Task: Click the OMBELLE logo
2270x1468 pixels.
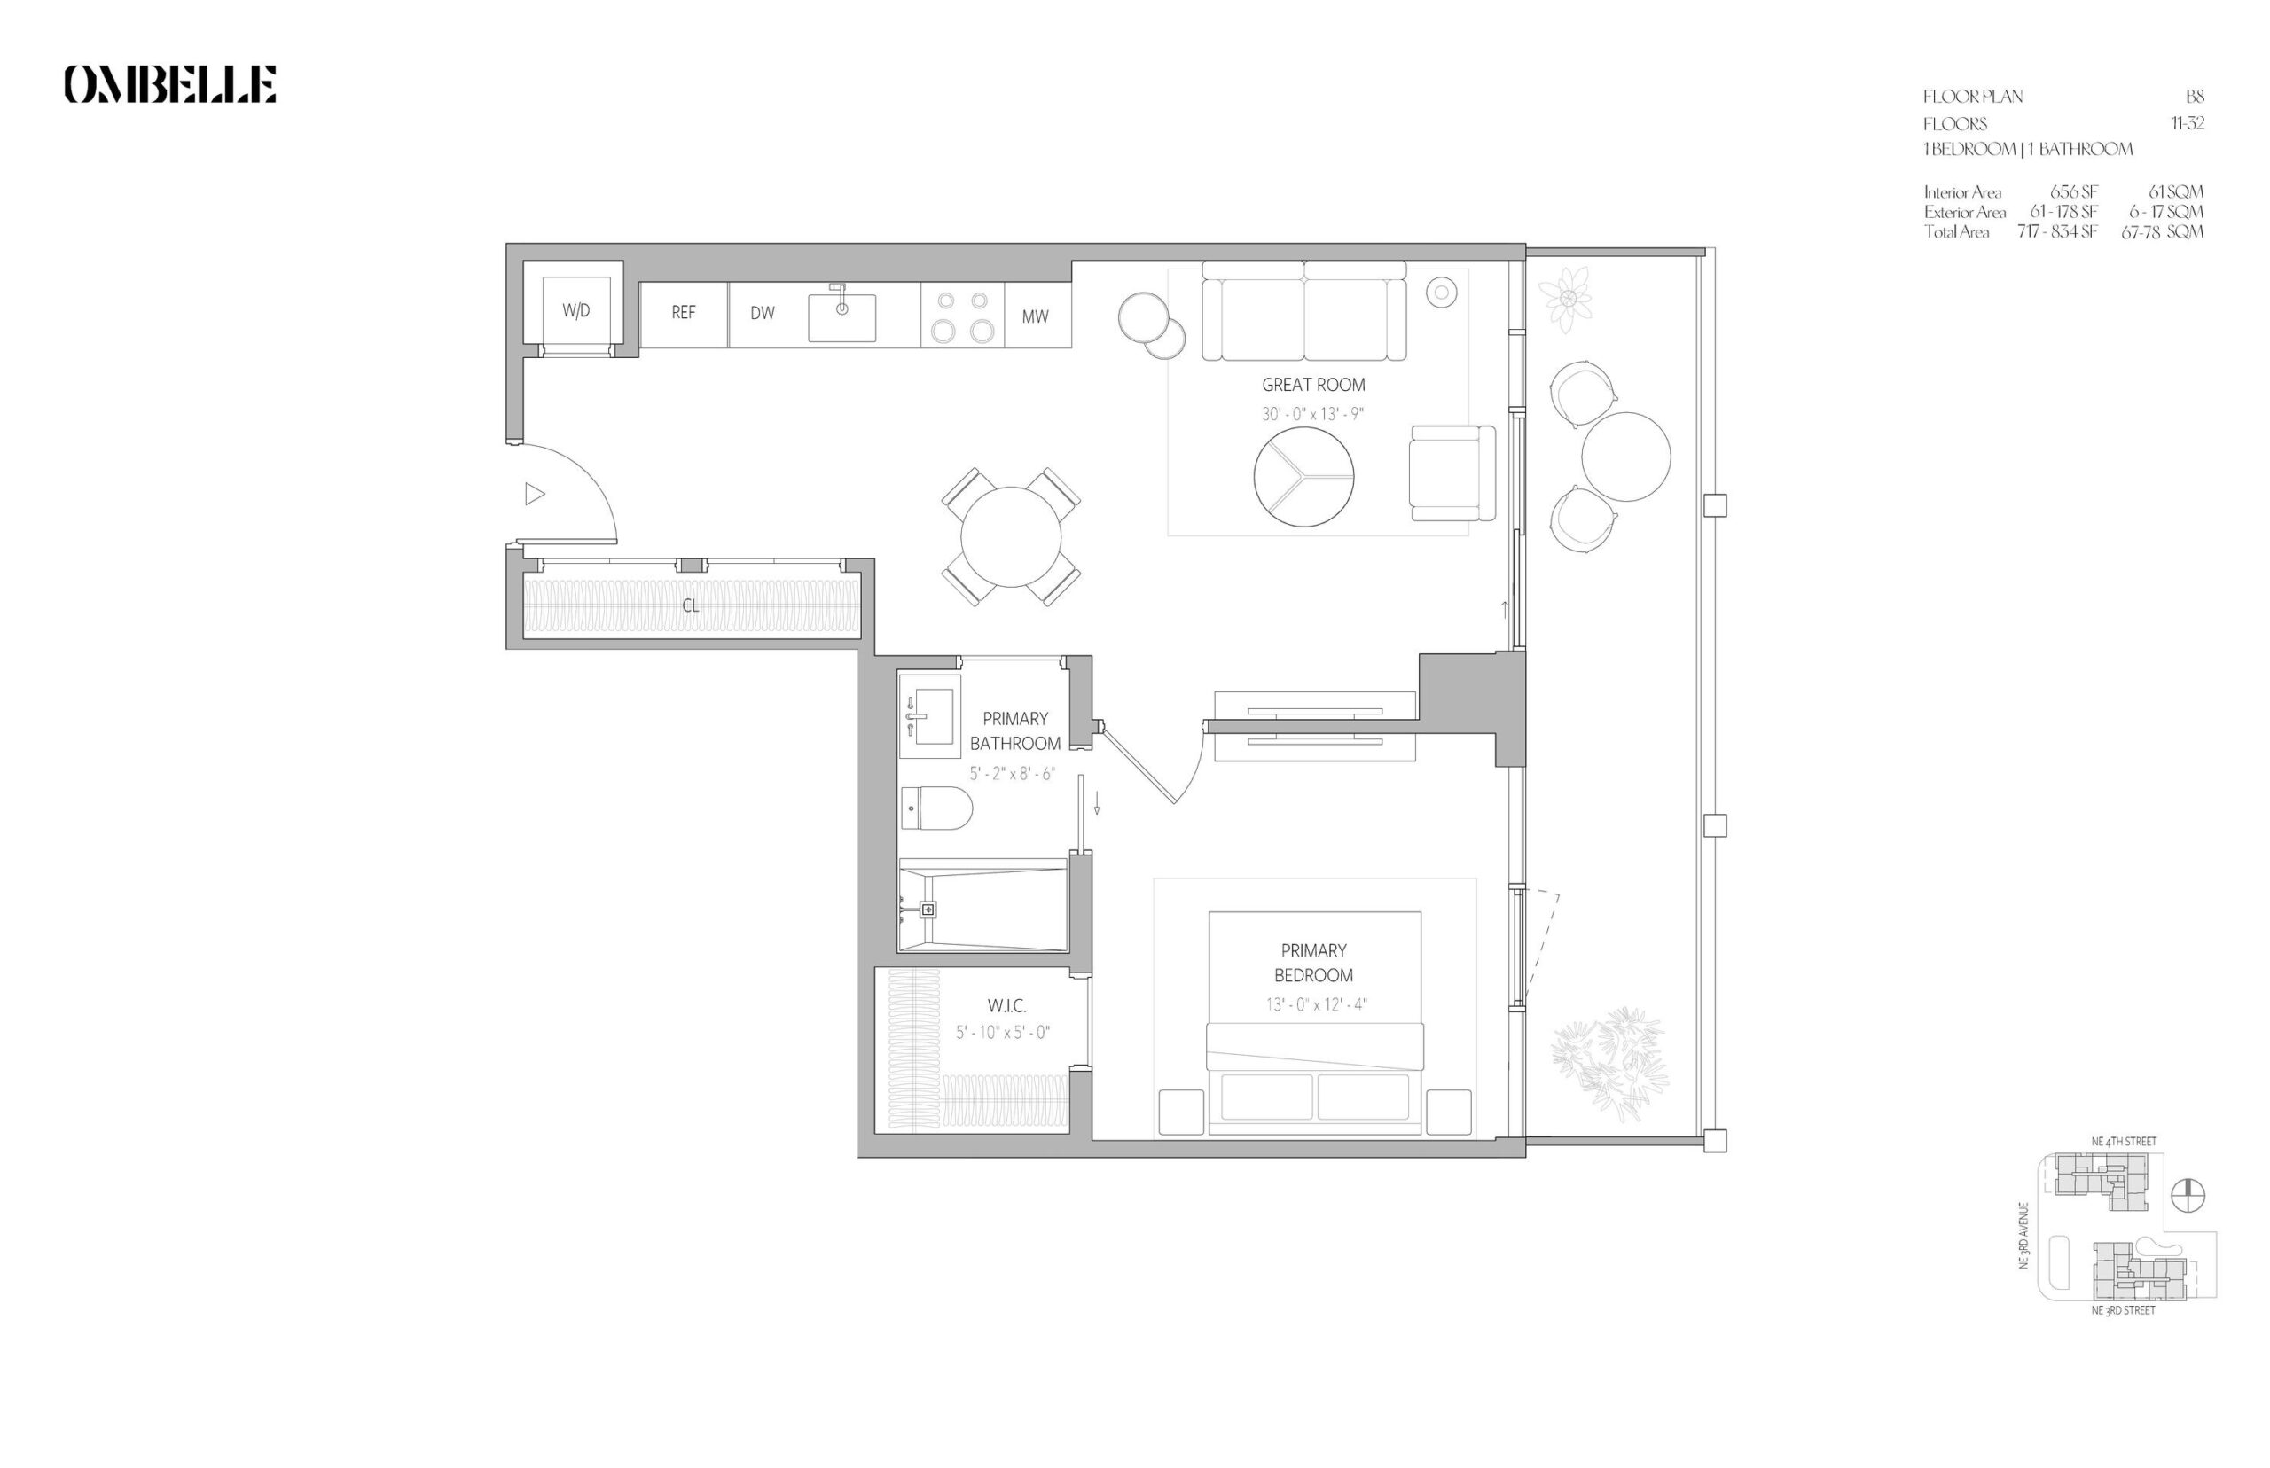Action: pos(169,84)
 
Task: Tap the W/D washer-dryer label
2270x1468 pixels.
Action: pos(575,311)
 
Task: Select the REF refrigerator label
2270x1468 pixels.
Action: pos(683,312)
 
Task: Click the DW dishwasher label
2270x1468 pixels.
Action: pos(762,313)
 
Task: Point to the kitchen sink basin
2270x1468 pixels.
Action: pos(841,317)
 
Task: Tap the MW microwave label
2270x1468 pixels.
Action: pos(1035,316)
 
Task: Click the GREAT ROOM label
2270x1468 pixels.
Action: pos(1313,384)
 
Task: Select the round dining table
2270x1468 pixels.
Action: pos(1010,536)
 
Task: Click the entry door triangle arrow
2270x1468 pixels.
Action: pos(535,494)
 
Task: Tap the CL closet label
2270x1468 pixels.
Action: pos(689,605)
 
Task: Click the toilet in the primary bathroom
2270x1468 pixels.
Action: pos(936,808)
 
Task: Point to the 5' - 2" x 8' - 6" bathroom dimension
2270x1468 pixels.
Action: pos(1013,773)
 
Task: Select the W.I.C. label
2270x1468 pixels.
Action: pos(1006,1004)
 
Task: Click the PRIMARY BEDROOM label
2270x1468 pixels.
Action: pos(1313,962)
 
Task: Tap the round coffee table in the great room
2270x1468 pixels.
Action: pos(1303,476)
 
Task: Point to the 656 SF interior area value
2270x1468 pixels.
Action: pos(2074,191)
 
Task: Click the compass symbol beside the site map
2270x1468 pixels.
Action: pos(2188,1195)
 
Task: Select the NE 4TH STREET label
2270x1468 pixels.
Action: pos(2123,1141)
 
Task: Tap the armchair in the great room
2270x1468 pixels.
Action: pos(1452,472)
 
